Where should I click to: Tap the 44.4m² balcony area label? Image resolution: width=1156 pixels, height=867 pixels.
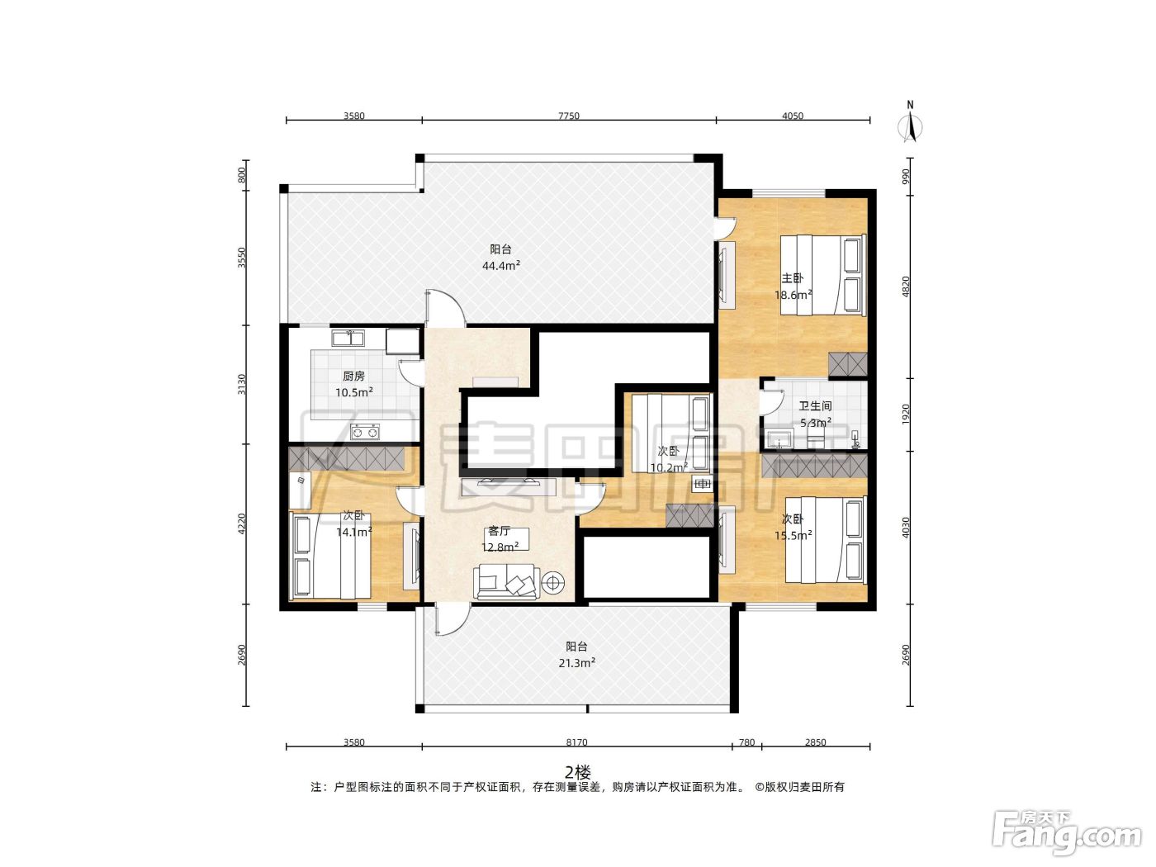click(501, 266)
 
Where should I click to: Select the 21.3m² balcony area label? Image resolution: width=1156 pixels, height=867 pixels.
click(576, 663)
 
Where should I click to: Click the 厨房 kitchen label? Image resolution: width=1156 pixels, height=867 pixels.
click(354, 377)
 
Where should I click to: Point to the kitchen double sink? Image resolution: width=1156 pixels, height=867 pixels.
click(348, 338)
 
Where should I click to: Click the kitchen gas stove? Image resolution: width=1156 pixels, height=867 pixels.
click(366, 433)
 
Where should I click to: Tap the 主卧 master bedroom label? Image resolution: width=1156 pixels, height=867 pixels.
click(792, 278)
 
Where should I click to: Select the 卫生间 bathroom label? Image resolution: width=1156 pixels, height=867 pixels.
click(815, 406)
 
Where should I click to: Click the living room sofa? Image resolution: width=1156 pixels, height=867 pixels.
click(506, 582)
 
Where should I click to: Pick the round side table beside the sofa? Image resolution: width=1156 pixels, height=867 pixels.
click(553, 582)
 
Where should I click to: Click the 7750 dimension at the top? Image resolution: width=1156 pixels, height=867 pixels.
click(569, 116)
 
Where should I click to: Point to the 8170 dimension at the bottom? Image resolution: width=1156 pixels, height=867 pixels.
click(576, 743)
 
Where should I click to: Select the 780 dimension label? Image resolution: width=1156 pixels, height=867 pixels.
click(746, 743)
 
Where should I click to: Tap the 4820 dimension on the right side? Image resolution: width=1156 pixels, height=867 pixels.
click(906, 287)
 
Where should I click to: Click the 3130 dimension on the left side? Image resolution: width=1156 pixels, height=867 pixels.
click(242, 384)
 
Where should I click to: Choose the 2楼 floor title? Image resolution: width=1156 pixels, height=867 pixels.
click(578, 773)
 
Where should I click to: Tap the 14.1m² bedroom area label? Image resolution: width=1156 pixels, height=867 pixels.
click(354, 533)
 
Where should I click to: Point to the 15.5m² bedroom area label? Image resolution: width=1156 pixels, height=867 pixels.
click(793, 536)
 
